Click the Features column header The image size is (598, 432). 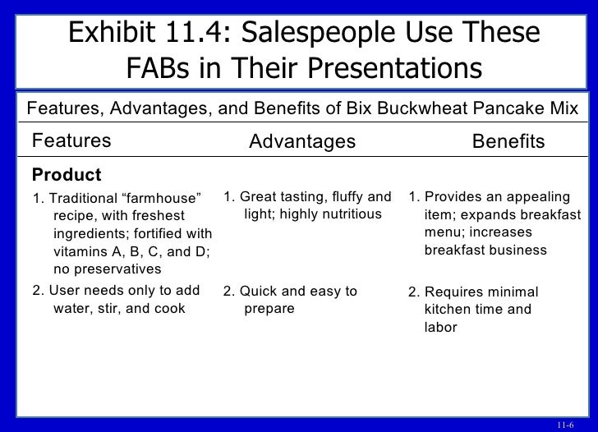tap(71, 141)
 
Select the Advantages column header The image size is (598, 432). tap(301, 142)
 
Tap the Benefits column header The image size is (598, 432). tap(508, 142)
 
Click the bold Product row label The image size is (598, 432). tap(66, 175)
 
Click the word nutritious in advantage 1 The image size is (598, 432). tap(348, 214)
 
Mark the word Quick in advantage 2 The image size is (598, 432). tap(255, 292)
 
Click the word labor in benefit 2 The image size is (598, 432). tap(439, 327)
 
